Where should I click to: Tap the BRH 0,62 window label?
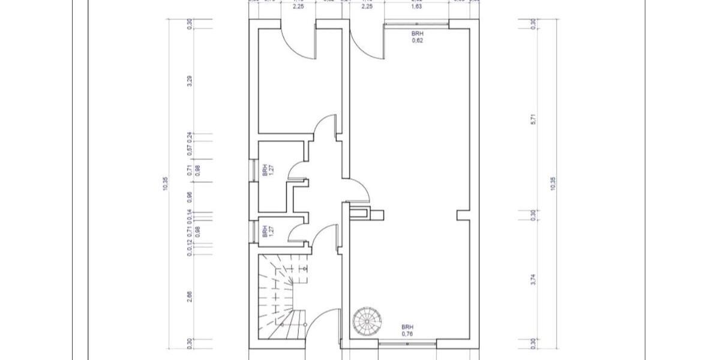tap(418, 37)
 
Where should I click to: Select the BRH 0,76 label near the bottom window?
tap(408, 329)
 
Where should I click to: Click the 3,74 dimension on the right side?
tap(533, 280)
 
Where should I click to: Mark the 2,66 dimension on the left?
tap(190, 297)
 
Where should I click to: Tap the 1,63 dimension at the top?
tap(415, 8)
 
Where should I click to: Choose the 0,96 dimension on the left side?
tap(190, 196)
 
